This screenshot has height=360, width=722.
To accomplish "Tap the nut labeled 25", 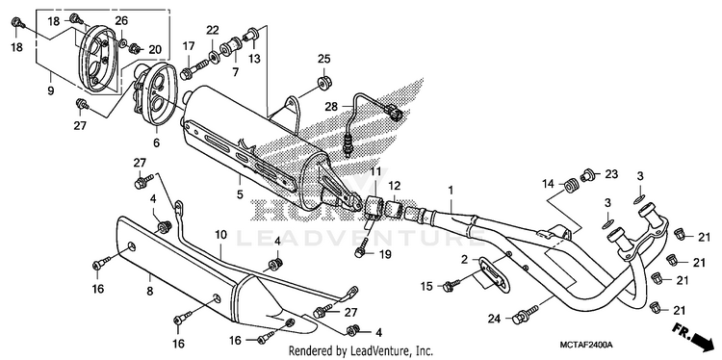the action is (323, 83).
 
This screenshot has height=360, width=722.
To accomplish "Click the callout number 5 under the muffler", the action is (240, 193).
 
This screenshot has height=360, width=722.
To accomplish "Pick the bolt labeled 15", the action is (452, 284).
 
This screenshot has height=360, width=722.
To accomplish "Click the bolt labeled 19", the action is (363, 246).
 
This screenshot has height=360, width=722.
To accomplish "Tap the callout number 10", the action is (220, 235).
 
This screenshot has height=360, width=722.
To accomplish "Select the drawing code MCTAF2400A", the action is (586, 345).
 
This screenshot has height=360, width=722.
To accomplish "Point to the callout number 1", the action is (451, 190).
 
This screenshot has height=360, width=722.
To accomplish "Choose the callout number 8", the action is (149, 291).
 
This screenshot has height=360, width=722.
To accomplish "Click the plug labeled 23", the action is (586, 175).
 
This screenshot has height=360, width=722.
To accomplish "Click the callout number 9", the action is (50, 90).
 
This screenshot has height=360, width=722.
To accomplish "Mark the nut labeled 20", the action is (135, 47).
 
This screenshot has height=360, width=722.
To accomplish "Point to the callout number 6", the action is (157, 143).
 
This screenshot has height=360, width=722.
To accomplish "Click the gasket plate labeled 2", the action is (494, 273).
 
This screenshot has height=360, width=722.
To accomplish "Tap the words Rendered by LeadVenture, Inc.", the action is (361, 351).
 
